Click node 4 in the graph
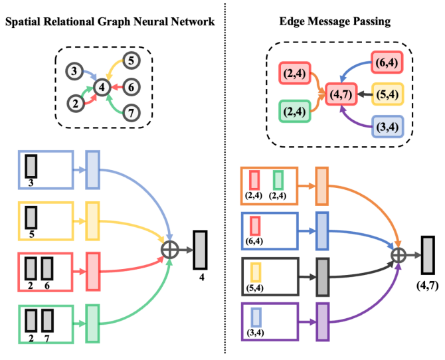[102, 88]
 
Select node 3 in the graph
[74, 71]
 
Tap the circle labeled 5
[131, 60]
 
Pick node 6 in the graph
[131, 87]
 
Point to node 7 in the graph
[131, 113]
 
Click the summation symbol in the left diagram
[170, 250]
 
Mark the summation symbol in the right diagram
[399, 254]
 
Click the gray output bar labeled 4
[200, 250]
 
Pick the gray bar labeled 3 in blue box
[31, 166]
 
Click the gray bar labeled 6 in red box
[47, 268]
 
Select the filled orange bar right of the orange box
[322, 186]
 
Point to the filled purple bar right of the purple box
[322, 321]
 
